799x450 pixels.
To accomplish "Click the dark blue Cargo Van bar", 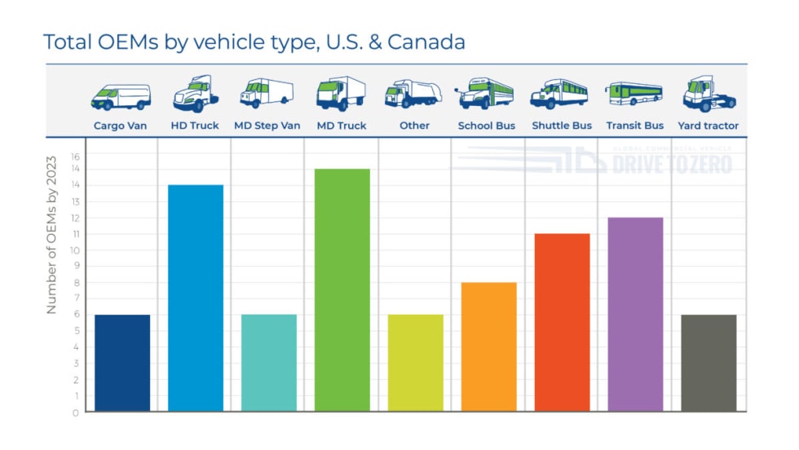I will point(122,363).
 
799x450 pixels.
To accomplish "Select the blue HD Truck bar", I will point(196,298).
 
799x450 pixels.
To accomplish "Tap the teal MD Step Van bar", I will point(269,363).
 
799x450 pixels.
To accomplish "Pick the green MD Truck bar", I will point(342,289).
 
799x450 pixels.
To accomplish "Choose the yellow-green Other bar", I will point(416,363).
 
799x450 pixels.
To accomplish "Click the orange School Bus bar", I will point(489,346).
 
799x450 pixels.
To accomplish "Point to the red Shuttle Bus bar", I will point(562,322).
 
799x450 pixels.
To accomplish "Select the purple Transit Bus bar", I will point(635,314).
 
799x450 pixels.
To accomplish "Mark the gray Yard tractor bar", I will point(709,363).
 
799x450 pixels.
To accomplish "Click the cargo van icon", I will point(120,96).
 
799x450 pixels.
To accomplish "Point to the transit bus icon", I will point(634,95).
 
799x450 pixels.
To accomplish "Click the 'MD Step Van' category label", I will point(267,126).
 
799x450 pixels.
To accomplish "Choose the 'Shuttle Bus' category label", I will point(562,126).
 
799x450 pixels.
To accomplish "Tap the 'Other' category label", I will point(414,126).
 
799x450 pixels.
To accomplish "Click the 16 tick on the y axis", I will point(75,155).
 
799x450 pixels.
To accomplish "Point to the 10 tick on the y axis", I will point(75,250).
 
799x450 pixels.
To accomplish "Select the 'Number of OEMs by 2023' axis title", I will point(51,235).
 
